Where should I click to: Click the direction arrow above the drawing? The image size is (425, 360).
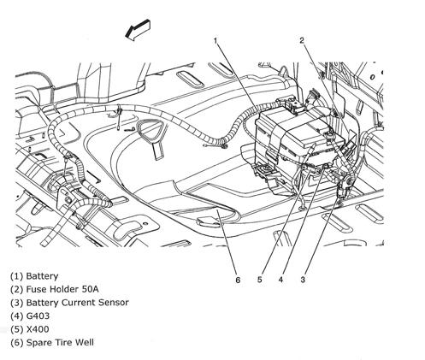(x=138, y=30)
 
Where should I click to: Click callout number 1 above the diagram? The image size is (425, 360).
(x=215, y=41)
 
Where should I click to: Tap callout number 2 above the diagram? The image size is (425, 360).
(x=302, y=40)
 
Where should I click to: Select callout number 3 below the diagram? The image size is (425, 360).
(x=303, y=280)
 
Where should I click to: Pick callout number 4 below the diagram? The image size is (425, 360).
(x=281, y=280)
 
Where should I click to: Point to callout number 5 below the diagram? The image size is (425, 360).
(x=259, y=280)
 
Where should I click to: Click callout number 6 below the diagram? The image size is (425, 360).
(x=238, y=280)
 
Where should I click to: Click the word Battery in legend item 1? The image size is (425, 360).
(x=42, y=276)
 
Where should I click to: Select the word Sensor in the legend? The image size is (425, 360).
(x=114, y=303)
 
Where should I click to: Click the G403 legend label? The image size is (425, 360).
(x=38, y=316)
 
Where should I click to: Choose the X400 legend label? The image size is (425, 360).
(x=38, y=329)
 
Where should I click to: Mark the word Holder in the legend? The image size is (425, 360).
(x=64, y=289)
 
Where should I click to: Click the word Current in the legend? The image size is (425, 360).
(x=79, y=303)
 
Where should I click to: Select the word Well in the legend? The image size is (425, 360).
(x=84, y=342)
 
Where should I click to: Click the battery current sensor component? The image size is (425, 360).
(x=345, y=186)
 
